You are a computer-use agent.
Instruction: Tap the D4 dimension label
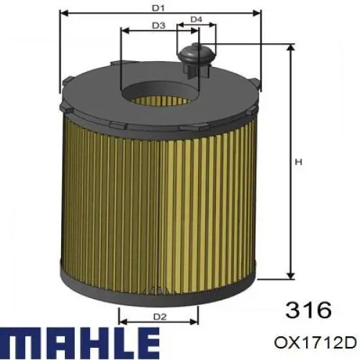tap(196, 19)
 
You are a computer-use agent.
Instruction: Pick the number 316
tap(309, 310)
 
